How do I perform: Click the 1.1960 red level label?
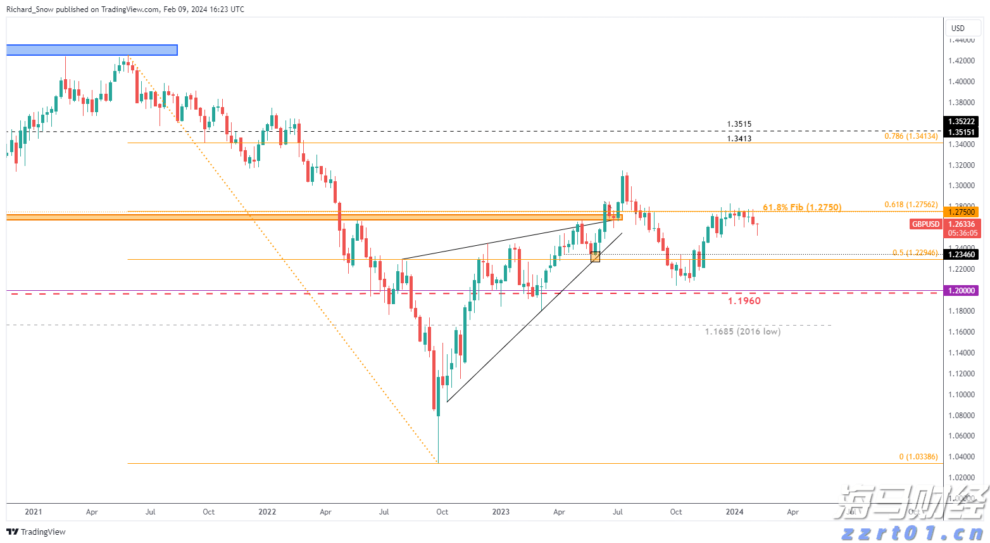744,301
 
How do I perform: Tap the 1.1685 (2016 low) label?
742,331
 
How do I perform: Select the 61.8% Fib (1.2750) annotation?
802,207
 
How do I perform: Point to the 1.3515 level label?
739,124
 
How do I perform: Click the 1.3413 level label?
739,138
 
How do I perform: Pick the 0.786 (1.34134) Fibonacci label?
911,136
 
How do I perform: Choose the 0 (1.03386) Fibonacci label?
918,457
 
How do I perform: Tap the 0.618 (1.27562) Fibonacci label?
911,205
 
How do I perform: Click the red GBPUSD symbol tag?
925,224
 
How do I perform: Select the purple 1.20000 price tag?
961,290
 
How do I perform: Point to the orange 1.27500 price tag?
961,212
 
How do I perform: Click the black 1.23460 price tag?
961,254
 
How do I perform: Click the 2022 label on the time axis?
267,512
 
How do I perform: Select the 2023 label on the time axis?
501,512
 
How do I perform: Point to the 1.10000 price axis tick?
961,394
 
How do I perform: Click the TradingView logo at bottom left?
36,532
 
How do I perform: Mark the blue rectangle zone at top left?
92,50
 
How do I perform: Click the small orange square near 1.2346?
595,257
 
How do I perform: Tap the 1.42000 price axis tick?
961,61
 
